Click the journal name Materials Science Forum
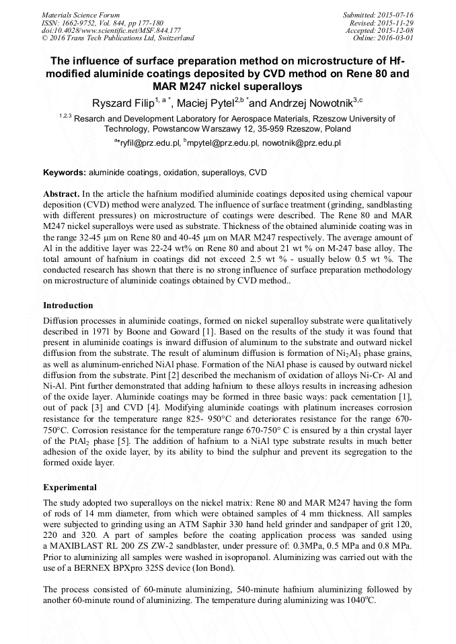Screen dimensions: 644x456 [81, 14]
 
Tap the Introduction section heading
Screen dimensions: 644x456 [68, 305]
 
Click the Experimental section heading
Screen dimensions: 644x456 [69, 487]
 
